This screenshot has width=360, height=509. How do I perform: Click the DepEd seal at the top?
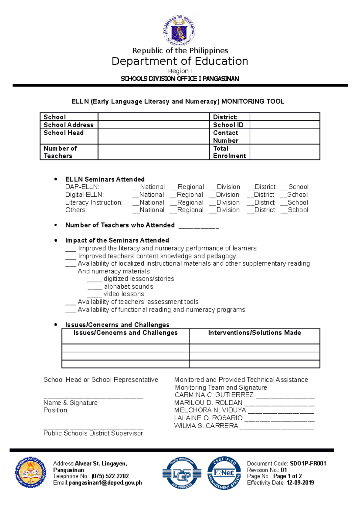[x=179, y=31]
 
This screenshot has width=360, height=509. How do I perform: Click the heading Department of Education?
[x=180, y=61]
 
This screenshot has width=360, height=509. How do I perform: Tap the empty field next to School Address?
[x=153, y=125]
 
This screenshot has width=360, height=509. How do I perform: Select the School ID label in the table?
[x=228, y=125]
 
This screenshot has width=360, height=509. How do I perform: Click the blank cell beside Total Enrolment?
[x=284, y=152]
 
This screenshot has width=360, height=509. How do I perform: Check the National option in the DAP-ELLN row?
[x=149, y=187]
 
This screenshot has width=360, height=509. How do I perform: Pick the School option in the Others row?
[x=295, y=210]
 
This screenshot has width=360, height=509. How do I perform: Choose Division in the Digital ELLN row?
[x=224, y=195]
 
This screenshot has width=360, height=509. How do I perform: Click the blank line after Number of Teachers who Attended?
[x=199, y=227]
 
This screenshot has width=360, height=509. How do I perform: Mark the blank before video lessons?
[x=94, y=295]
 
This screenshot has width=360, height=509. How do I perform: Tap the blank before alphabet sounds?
[x=94, y=288]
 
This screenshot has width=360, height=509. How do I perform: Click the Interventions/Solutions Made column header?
[x=254, y=333]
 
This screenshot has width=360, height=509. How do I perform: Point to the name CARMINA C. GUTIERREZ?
[x=214, y=395]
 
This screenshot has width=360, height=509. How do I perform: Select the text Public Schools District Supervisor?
[x=93, y=433]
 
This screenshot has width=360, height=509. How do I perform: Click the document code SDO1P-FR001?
[x=308, y=464]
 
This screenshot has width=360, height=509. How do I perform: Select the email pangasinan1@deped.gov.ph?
[x=105, y=483]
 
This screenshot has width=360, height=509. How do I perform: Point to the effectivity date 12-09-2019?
[x=300, y=483]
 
